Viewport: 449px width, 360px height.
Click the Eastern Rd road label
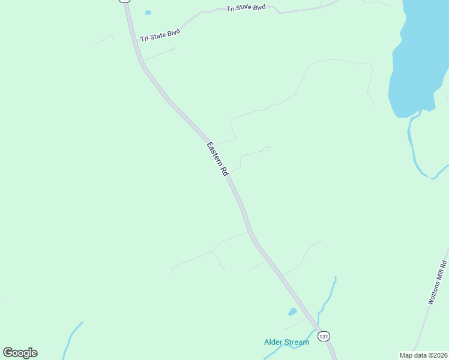(x=218, y=158)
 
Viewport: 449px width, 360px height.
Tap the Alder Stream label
(x=286, y=342)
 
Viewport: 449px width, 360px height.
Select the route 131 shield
(x=324, y=336)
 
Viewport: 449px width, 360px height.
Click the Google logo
(x=20, y=353)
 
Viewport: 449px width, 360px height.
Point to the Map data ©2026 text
(x=423, y=355)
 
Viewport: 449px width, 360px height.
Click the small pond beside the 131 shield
(x=292, y=312)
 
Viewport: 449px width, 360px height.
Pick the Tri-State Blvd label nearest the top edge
(x=246, y=8)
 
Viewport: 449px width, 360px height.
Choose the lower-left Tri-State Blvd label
(x=160, y=35)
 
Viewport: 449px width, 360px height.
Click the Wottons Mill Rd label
(x=438, y=283)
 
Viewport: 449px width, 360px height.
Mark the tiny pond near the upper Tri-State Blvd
(x=148, y=13)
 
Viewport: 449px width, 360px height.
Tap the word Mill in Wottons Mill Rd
(x=439, y=279)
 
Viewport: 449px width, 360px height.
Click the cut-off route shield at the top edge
(x=124, y=1)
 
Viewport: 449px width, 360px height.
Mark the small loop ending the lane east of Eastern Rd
(x=266, y=148)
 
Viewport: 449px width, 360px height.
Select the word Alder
(x=273, y=342)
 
